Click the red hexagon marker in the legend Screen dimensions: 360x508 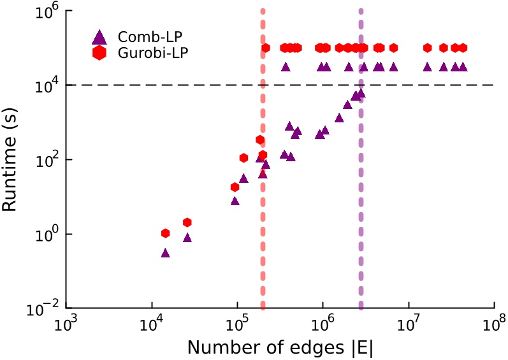(98, 53)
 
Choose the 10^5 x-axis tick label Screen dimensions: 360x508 (238, 326)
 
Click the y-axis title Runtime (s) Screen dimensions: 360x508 (11, 160)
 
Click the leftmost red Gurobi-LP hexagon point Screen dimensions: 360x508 (166, 234)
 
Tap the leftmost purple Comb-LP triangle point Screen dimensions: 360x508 (166, 253)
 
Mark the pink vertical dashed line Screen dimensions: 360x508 (263, 191)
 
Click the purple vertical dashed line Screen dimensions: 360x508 (361, 191)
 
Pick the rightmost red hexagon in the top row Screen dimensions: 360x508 (463, 48)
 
